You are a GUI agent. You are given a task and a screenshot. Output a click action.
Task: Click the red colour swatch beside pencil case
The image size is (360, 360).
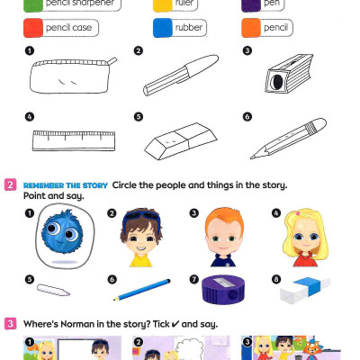[x=32, y=28]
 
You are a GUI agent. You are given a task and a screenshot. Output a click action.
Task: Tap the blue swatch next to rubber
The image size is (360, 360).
[x=162, y=28]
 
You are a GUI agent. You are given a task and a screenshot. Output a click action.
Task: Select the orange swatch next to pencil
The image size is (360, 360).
[x=249, y=28]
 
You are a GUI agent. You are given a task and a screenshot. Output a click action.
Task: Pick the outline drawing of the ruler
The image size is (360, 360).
[x=72, y=139]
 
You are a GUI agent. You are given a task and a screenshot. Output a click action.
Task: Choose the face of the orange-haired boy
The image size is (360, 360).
[x=220, y=237]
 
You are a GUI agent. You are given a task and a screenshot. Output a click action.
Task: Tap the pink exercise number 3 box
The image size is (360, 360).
[x=10, y=323]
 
